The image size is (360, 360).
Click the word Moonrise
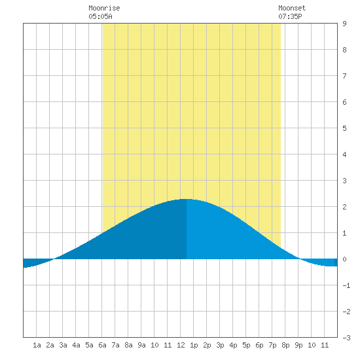point(104,8)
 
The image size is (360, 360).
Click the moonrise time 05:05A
point(100,16)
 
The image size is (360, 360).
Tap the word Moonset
point(292,8)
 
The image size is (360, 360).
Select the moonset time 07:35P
point(290,16)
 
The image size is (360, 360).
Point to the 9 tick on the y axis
point(344,24)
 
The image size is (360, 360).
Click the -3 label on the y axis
point(346,338)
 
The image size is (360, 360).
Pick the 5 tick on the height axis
point(344,128)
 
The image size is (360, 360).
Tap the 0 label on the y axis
point(344,259)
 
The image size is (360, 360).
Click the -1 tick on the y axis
point(346,285)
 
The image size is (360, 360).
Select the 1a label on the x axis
point(37,345)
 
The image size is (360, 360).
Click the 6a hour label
point(102,345)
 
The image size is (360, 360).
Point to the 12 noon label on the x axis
point(181,345)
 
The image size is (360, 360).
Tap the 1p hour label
point(194,345)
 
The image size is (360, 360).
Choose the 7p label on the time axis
point(272,345)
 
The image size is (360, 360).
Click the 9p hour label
point(298,345)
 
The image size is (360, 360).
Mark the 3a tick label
point(63,345)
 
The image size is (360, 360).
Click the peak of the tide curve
point(186,199)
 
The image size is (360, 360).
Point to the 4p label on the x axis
point(233,345)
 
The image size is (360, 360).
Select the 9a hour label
point(141,345)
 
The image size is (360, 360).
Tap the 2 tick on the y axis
point(344,207)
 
